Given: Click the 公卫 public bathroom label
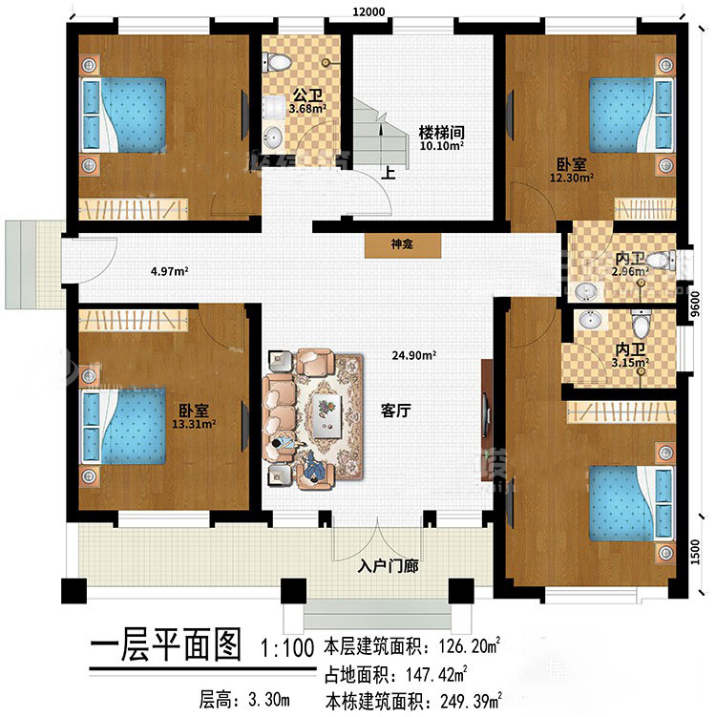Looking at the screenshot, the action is (307, 95).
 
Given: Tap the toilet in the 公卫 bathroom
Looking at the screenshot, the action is (277, 62).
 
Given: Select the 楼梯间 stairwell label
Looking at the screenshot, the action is (442, 133).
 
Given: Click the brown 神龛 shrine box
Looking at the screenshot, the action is (402, 245).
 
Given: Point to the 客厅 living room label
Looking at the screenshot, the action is (396, 411).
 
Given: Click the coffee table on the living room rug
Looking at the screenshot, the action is (326, 415).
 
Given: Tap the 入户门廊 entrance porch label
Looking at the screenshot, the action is (389, 566).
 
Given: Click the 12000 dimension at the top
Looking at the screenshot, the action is (369, 11).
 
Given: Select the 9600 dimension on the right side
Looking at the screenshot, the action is (695, 305).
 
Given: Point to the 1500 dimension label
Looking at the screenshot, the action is (695, 552).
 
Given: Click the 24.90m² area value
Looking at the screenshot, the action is (413, 355).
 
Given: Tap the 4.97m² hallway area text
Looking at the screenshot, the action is (170, 271).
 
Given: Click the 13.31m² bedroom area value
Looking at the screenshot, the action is (194, 424).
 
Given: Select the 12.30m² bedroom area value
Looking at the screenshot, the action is (572, 178).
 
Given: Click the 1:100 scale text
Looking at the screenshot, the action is (287, 648).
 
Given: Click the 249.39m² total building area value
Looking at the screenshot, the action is (471, 700).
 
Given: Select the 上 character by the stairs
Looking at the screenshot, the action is (389, 173).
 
